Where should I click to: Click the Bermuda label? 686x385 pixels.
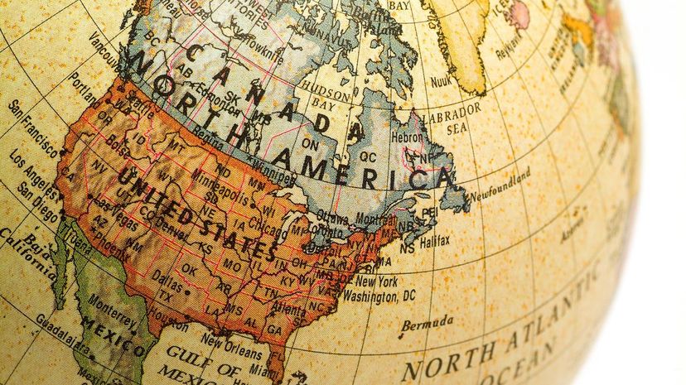428,322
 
